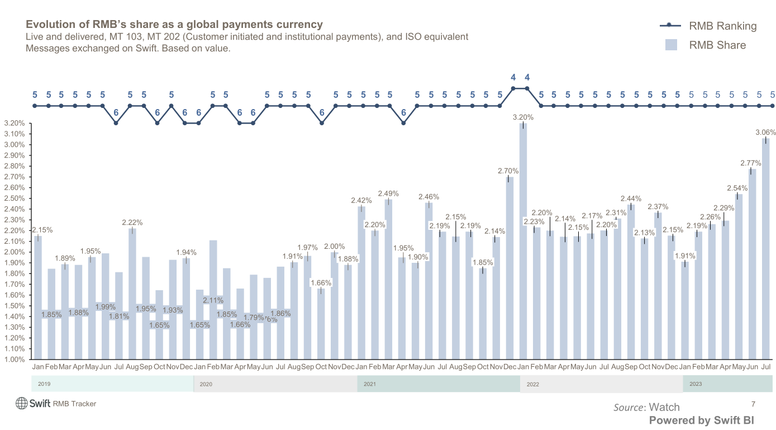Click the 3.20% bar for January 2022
coord(523,240)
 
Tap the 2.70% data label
coord(508,171)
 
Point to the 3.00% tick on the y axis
coord(14,145)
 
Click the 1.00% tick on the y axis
coord(14,359)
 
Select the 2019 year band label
coord(44,384)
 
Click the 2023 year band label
coord(696,384)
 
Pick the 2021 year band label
coord(370,384)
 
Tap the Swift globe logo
coord(22,403)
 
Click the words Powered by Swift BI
coord(701,420)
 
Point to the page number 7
coord(753,404)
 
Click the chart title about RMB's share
coord(174,25)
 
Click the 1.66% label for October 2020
coord(321,283)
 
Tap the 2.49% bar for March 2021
coord(388,280)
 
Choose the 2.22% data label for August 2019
coord(133,223)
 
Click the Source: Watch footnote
coord(646,407)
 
